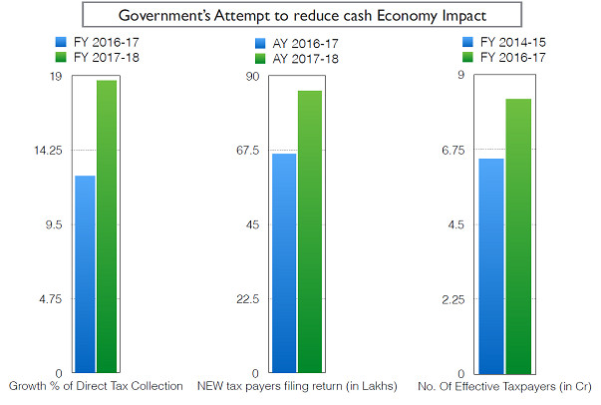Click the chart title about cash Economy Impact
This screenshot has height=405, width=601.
pos(300,17)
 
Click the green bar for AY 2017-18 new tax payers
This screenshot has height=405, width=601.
pos(309,230)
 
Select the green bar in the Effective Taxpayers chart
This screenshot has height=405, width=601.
pos(519,234)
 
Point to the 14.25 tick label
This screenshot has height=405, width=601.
pos(47,151)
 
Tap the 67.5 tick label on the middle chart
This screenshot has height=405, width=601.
pos(246,151)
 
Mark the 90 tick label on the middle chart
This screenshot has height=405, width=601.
pos(251,76)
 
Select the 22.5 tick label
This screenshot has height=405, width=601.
pos(246,299)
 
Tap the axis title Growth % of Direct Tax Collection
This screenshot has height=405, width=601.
pos(96,385)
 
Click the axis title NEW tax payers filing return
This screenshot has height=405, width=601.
pos(297,385)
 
